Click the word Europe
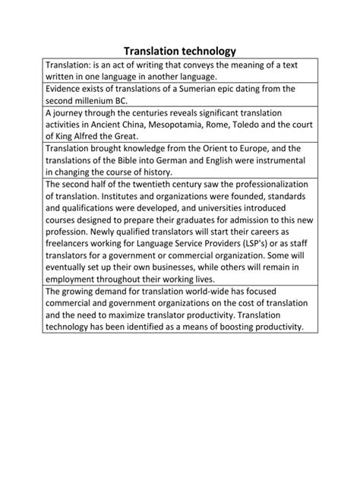pyautogui.click(x=264, y=149)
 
